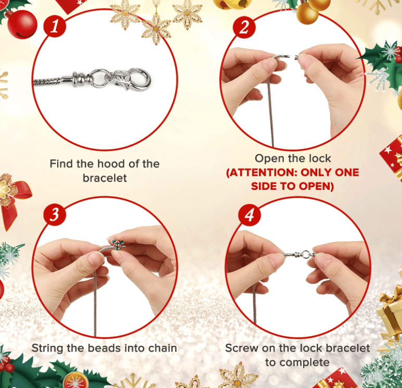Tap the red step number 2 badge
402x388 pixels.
click(x=244, y=27)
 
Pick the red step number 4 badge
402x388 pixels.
click(x=250, y=215)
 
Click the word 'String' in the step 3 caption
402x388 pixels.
click(x=47, y=348)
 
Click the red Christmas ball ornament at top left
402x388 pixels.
click(x=22, y=24)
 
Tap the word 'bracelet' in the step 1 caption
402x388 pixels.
click(x=104, y=178)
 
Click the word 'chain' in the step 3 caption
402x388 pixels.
click(x=163, y=348)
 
